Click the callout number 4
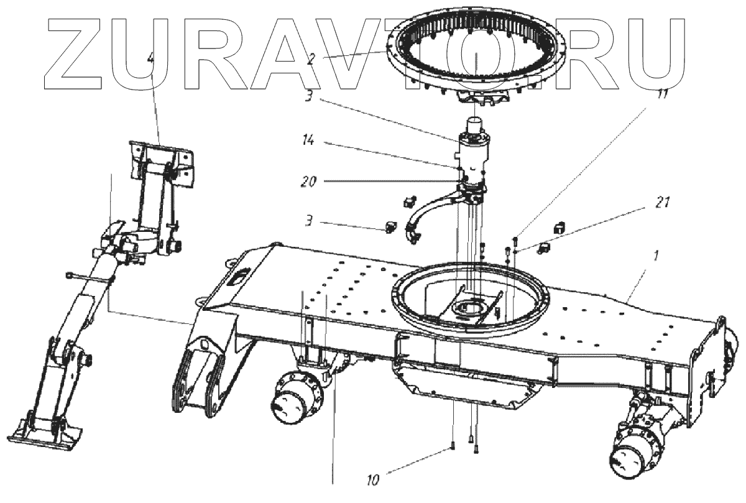pyautogui.click(x=150, y=60)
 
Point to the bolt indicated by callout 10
pyautogui.click(x=452, y=445)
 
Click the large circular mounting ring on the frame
pyautogui.click(x=471, y=302)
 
